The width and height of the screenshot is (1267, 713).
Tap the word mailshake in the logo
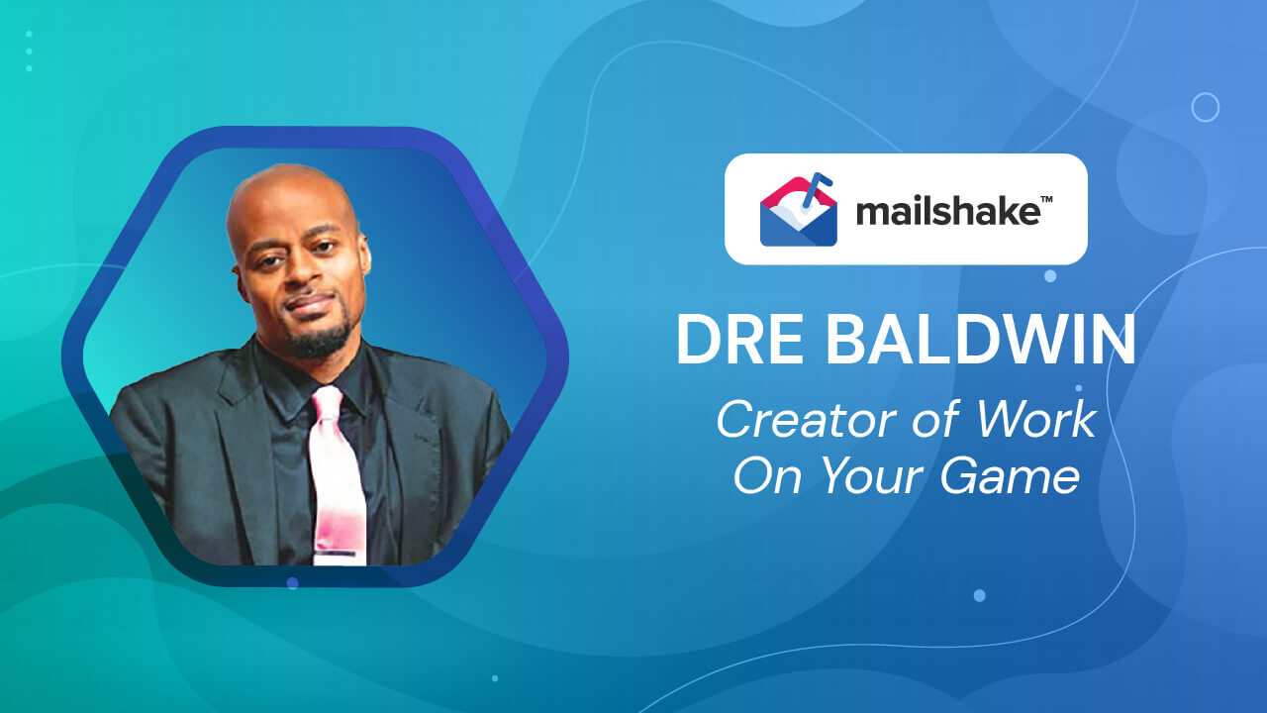point(947,212)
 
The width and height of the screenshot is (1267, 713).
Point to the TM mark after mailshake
point(1046,200)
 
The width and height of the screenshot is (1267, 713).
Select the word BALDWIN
point(981,340)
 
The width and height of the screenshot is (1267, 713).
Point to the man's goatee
point(319,342)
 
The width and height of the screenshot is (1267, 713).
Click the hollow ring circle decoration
point(1205,107)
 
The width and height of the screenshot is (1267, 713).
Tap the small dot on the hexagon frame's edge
point(292,583)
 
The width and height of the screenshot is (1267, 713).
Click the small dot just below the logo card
point(1050,275)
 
